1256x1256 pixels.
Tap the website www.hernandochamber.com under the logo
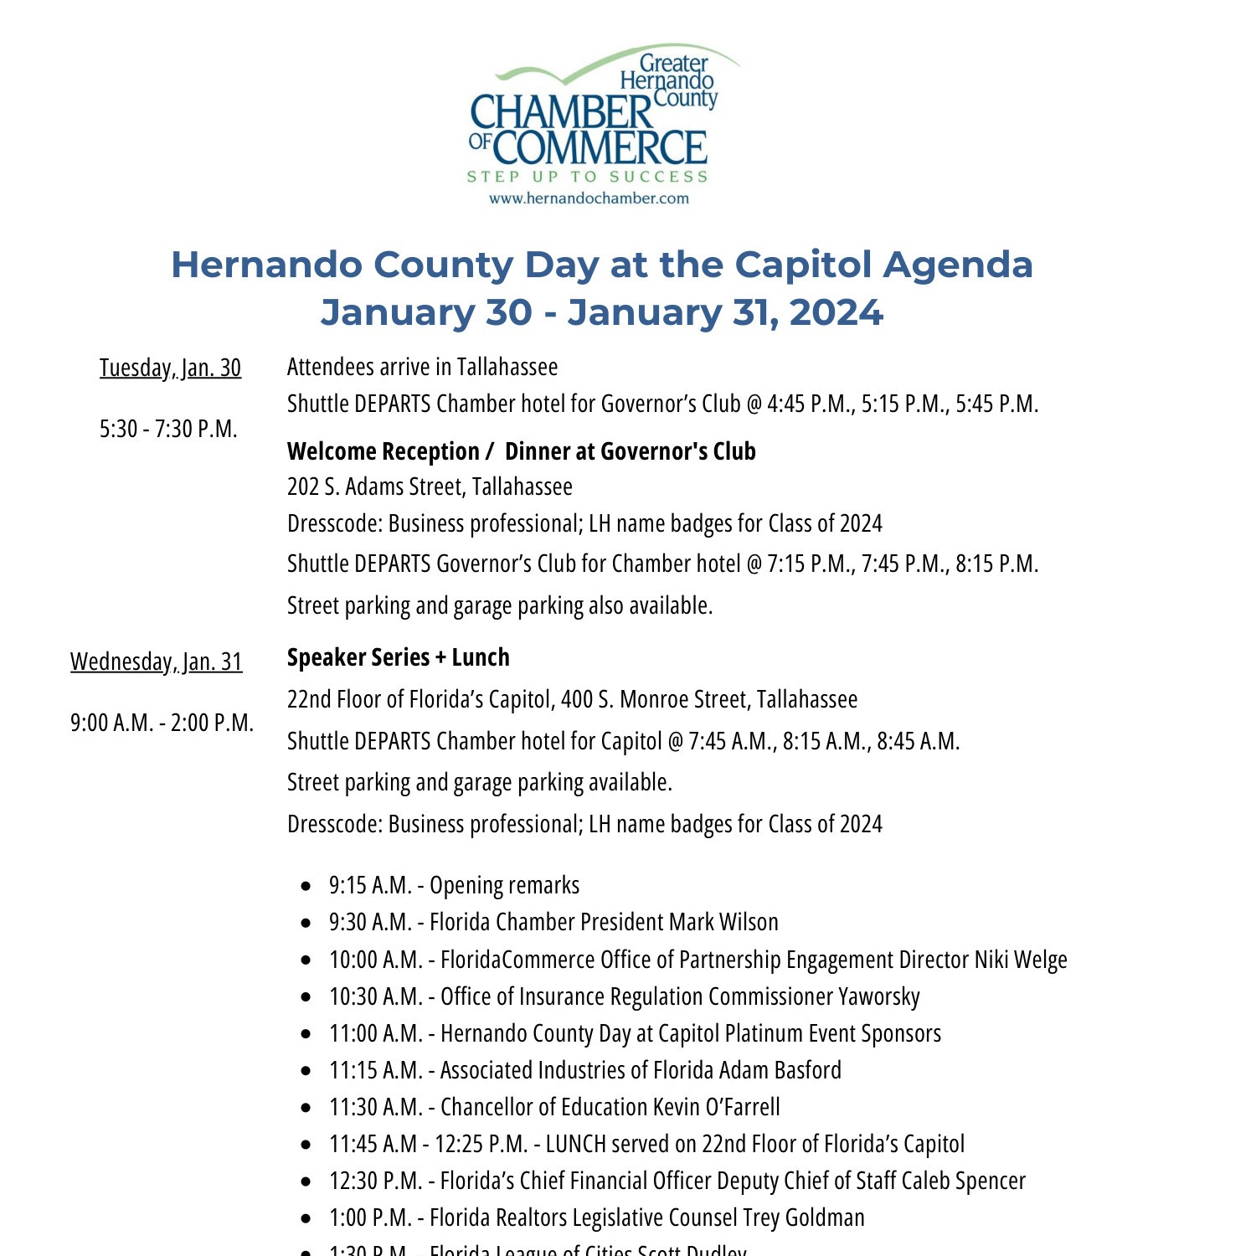pos(589,198)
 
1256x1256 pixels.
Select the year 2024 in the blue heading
pos(836,312)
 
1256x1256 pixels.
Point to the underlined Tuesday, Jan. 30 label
pos(170,368)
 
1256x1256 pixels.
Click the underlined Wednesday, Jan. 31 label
pos(156,661)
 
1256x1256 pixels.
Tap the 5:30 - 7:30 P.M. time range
pos(168,429)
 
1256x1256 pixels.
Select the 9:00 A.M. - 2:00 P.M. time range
pos(162,723)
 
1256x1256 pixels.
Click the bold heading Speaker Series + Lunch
pos(398,657)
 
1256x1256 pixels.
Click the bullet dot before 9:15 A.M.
pos(306,886)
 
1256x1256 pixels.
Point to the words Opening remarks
pos(504,885)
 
